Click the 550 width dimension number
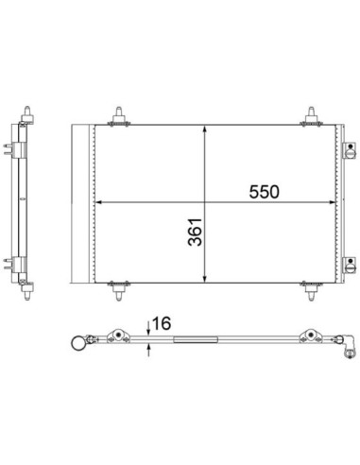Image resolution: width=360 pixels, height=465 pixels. (x=264, y=192)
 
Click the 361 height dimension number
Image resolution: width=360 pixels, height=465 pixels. (x=195, y=232)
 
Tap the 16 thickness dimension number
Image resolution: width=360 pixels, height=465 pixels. (x=162, y=323)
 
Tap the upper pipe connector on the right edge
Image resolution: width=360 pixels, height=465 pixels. (x=350, y=150)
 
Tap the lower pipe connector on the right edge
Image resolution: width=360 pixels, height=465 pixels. (x=350, y=266)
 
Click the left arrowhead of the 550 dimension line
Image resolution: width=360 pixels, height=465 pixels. (x=98, y=202)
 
